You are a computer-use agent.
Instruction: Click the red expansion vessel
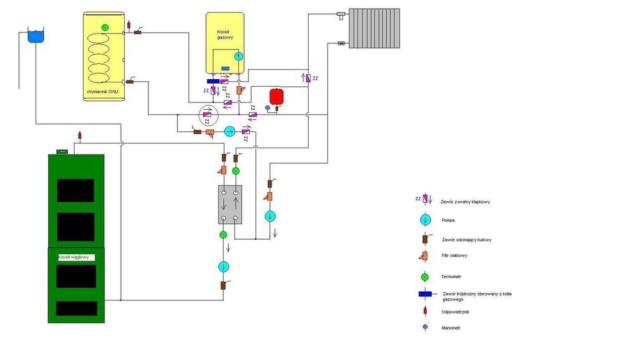276,96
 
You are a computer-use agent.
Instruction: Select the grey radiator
374,28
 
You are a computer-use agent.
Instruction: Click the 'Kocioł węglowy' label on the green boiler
74,257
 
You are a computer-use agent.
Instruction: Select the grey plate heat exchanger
230,204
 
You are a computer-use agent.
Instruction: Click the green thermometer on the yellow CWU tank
105,26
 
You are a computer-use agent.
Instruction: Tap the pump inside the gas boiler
238,56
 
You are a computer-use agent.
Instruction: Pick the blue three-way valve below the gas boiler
213,82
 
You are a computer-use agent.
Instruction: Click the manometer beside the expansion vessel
268,108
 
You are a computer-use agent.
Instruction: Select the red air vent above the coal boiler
80,135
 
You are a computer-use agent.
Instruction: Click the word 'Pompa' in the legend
448,221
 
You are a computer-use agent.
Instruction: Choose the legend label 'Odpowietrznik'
456,311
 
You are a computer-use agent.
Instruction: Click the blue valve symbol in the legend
425,293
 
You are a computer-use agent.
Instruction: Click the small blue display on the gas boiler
225,68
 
